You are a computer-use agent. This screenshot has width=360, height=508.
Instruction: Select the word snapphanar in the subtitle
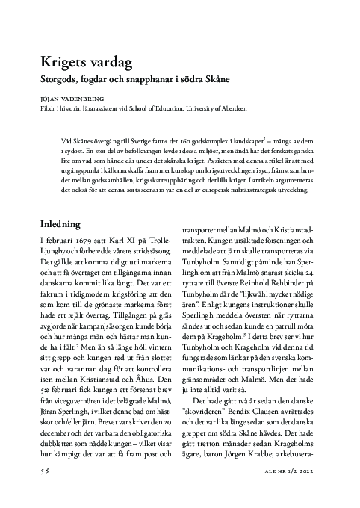(151, 78)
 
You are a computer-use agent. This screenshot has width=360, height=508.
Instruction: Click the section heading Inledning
(66, 223)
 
